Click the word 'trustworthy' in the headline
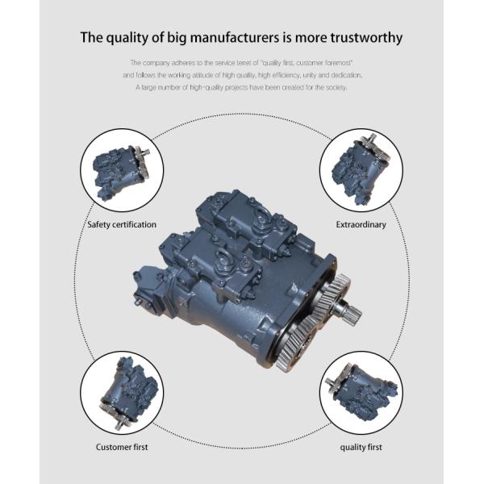366,38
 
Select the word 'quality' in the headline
127,39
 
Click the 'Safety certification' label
122,224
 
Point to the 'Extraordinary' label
361,225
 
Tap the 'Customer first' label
122,447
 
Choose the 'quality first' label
361,447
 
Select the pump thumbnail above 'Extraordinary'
361,169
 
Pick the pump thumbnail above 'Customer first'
129,392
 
